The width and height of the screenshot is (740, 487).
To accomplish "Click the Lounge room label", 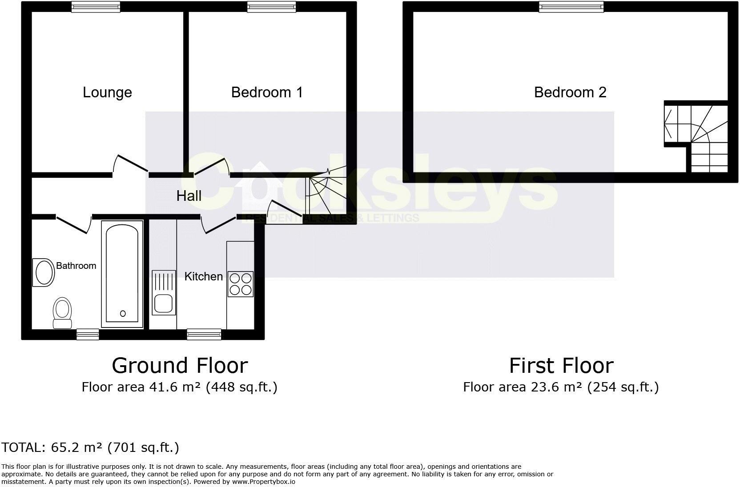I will [x=107, y=92].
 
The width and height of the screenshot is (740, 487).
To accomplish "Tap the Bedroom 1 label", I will [x=267, y=92].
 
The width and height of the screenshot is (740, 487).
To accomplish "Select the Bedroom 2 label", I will [x=570, y=92].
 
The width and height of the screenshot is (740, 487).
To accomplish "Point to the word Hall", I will [x=189, y=196].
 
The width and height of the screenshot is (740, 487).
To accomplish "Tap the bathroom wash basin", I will [x=44, y=272].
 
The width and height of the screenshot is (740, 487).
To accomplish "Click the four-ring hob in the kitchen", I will [x=240, y=284].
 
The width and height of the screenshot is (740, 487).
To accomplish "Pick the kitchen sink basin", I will [x=163, y=304].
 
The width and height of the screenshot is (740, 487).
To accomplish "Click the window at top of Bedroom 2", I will [x=571, y=6].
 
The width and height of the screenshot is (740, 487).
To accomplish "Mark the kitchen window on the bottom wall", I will [x=204, y=334].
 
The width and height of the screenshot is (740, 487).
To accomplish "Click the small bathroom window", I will [x=88, y=334].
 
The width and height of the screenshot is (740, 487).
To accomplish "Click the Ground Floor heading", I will [x=180, y=366].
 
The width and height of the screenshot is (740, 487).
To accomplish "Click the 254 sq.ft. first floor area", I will [x=623, y=387].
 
